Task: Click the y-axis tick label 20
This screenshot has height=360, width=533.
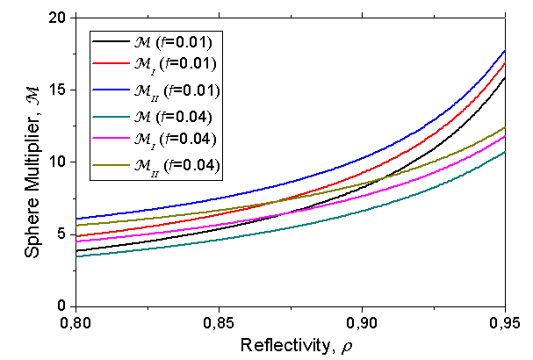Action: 58,18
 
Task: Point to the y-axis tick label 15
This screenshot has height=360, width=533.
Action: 58,90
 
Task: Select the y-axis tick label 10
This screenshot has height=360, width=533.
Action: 58,162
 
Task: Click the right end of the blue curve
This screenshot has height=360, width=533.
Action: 505,51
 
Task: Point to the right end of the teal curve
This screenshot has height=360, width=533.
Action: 505,153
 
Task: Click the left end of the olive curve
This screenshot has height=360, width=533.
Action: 77,226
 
